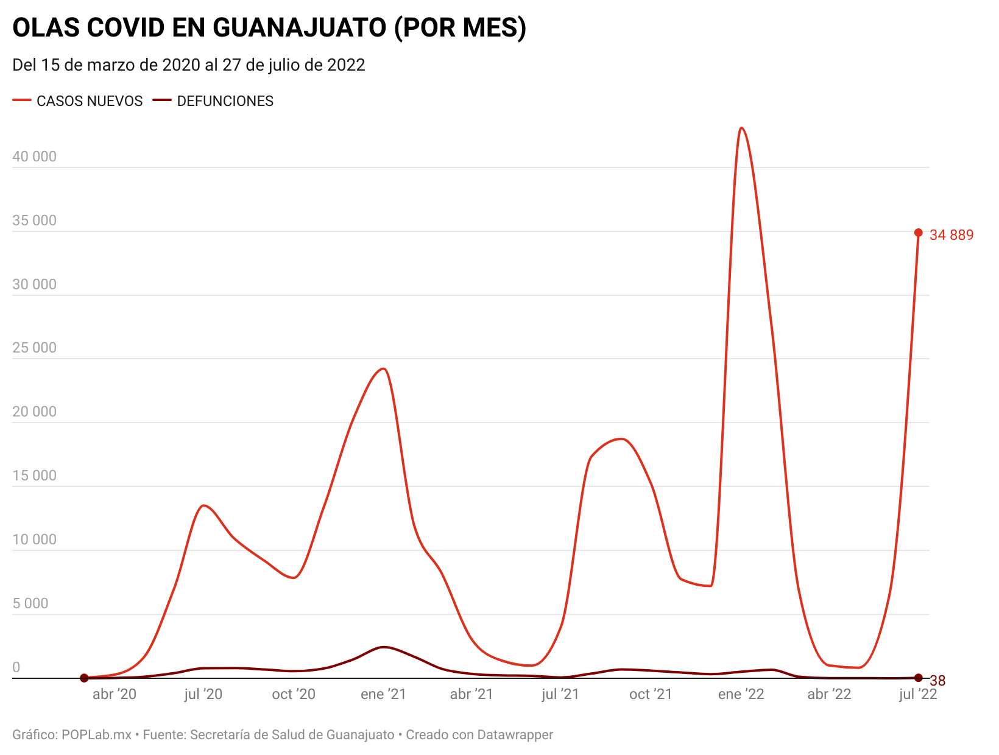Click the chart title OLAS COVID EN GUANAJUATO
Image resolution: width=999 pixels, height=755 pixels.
(269, 27)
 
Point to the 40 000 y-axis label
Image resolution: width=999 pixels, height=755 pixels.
(34, 156)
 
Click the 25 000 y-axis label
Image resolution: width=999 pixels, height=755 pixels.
(34, 348)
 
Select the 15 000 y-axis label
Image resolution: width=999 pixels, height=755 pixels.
(34, 476)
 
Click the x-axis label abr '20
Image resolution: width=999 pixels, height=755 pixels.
(115, 694)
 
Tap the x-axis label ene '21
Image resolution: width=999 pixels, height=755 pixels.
(383, 694)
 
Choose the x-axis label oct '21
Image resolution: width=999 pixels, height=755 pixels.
(651, 694)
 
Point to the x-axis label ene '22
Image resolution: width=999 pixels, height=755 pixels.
(741, 694)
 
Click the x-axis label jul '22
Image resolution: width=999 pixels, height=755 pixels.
(918, 694)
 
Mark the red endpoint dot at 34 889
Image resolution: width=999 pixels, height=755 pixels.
(919, 233)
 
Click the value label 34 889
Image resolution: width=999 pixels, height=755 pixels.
(951, 235)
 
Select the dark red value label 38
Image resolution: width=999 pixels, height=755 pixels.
(937, 681)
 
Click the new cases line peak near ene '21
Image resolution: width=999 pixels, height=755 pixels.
(383, 368)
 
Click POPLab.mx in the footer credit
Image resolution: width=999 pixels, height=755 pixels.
(96, 735)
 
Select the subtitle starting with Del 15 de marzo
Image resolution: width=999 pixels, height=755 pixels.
(189, 65)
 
